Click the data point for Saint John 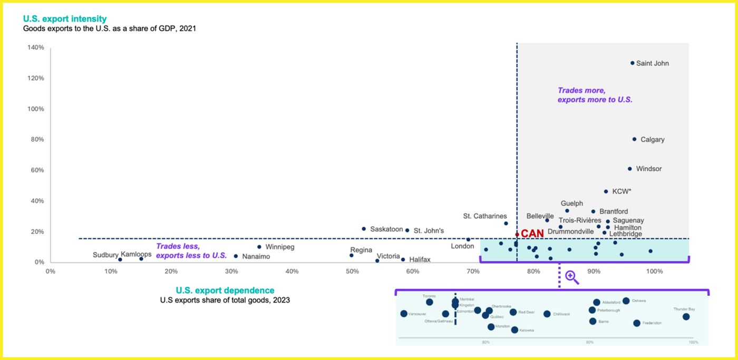point(633,63)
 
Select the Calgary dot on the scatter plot point(634,139)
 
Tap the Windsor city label point(648,169)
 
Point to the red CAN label point(532,233)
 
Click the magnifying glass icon point(572,277)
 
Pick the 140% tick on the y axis point(36,48)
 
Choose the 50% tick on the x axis point(352,271)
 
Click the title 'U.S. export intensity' point(65,19)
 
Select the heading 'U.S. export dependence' point(225,290)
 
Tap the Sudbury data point point(120,259)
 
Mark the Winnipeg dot point(259,247)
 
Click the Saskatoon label point(386,229)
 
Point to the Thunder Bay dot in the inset point(686,317)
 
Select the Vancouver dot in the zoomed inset point(404,314)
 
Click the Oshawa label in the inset point(638,300)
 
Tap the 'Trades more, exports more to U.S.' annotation point(595,95)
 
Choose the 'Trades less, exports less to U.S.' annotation point(191,251)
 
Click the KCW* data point point(606,191)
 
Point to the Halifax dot point(403,259)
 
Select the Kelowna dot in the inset point(514,330)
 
